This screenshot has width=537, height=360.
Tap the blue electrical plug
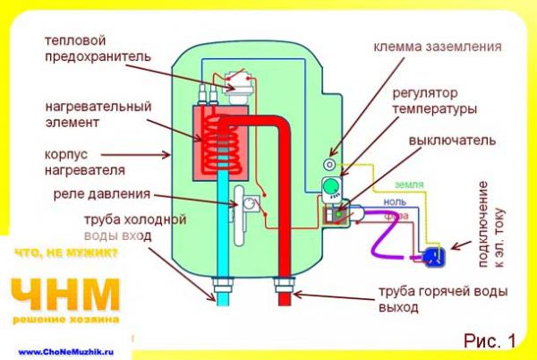[x=434, y=256]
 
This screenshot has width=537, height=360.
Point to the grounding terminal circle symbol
[x=330, y=166]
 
